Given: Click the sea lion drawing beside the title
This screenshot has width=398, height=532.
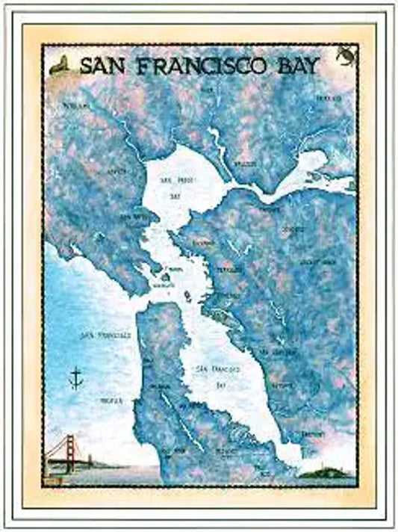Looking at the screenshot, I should [x=62, y=66].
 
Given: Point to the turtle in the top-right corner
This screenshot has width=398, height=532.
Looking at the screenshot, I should [x=345, y=55].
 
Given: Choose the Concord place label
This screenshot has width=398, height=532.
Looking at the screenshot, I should [x=292, y=232].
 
